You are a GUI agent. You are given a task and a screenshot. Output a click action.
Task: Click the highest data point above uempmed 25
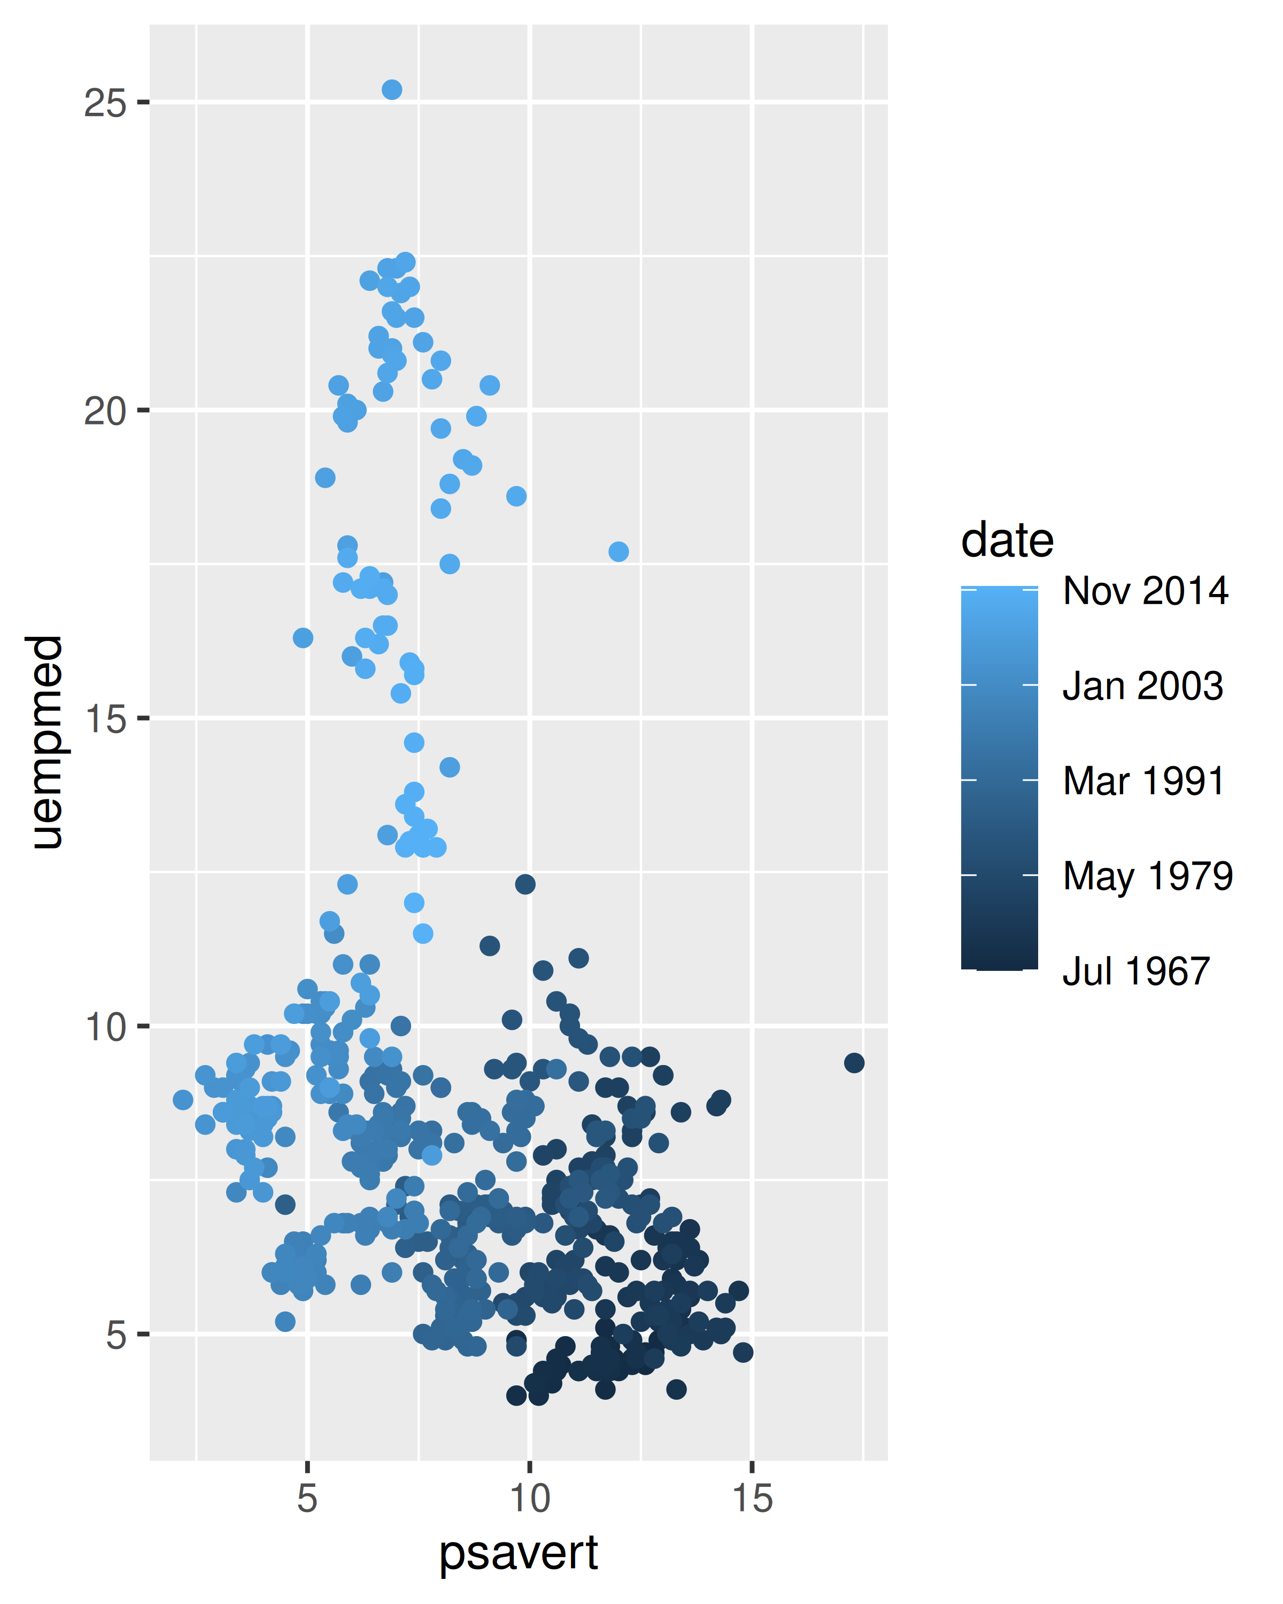392,90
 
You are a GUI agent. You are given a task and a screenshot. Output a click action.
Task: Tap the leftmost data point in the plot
183,1100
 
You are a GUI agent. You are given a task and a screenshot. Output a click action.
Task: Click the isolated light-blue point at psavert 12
618,551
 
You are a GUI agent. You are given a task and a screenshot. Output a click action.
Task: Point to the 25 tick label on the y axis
104,103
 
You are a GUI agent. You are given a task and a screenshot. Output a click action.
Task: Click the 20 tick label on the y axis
104,411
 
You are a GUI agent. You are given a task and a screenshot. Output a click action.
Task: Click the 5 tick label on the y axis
115,1336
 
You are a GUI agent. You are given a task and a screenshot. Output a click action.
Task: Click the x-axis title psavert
519,1553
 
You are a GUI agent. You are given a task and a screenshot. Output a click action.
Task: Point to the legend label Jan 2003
1142,685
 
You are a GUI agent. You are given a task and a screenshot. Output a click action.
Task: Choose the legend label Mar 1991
1143,781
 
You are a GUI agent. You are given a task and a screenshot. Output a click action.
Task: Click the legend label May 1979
1148,876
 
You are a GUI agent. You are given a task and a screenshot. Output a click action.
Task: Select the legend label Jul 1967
1136,971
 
